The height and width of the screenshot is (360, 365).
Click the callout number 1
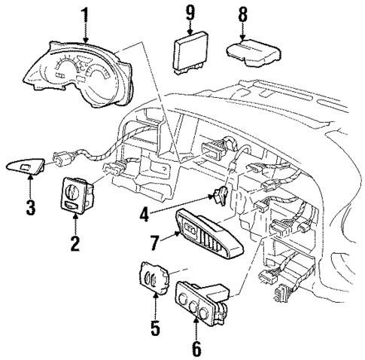[x=85, y=14]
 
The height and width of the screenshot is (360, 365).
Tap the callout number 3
[x=29, y=206]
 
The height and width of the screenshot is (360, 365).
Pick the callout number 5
[x=155, y=329]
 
